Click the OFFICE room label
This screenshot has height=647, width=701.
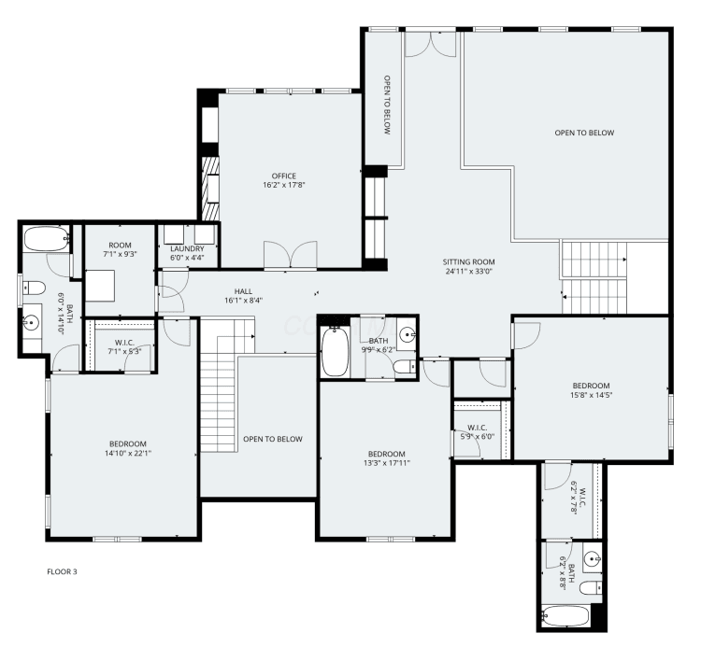tap(284, 176)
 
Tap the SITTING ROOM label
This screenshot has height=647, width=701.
tap(468, 262)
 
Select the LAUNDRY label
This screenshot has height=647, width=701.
tap(187, 248)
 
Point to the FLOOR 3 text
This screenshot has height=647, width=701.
tap(62, 571)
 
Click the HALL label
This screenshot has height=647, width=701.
tap(243, 291)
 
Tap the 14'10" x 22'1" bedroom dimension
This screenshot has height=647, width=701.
tap(128, 454)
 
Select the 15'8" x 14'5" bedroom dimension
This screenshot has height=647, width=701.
tap(591, 395)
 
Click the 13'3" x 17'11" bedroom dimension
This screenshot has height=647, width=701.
tap(387, 463)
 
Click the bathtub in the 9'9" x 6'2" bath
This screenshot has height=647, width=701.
tap(335, 352)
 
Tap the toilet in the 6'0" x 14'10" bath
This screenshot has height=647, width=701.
tap(34, 288)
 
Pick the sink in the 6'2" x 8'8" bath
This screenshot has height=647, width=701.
tap(593, 558)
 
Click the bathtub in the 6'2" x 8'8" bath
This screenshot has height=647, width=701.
tap(565, 616)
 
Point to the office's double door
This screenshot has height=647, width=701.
tap(291, 256)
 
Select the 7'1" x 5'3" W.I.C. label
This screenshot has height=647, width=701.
tap(124, 347)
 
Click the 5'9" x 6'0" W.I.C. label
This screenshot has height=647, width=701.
tap(478, 432)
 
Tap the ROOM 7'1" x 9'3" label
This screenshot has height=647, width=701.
tap(120, 249)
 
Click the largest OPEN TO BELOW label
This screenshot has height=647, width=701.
tap(584, 133)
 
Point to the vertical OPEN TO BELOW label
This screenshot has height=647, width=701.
tap(387, 105)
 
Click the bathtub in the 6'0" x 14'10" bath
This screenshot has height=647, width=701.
tap(47, 239)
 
